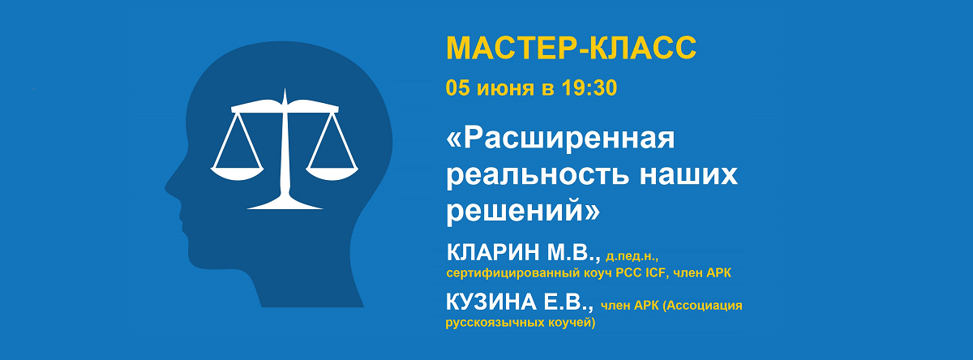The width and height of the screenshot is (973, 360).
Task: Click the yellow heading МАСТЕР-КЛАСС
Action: (571, 47)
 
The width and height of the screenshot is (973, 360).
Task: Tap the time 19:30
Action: (589, 88)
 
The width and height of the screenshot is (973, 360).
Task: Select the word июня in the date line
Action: (505, 88)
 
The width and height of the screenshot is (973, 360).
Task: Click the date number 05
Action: (458, 88)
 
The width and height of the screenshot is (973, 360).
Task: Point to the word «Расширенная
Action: (561, 139)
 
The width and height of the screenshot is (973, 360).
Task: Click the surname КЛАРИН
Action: (493, 253)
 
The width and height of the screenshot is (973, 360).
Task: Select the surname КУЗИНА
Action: (491, 302)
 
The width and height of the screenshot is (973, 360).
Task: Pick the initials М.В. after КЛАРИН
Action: (573, 254)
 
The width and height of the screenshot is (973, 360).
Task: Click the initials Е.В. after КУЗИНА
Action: (569, 302)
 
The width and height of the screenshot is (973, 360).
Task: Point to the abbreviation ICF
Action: (657, 273)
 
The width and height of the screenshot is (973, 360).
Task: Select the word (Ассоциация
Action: (702, 306)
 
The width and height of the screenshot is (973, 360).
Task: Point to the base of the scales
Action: (285, 204)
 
